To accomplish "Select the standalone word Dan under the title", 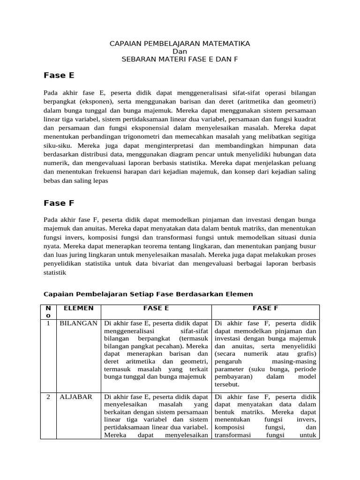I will [180, 51].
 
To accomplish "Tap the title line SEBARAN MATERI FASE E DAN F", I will [180, 59].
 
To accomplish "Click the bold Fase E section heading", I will [59, 75].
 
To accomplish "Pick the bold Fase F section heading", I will [59, 203].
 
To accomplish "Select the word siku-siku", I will [55, 146].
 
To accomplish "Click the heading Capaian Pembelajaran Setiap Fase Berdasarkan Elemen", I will [148, 294].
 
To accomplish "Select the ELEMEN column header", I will [78, 308].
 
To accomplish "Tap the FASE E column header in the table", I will [156, 308].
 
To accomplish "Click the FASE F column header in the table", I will [265, 308].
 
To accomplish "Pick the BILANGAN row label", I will [78, 323].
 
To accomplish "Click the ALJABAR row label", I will [75, 397].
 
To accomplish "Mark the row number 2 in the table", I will [48, 397].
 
